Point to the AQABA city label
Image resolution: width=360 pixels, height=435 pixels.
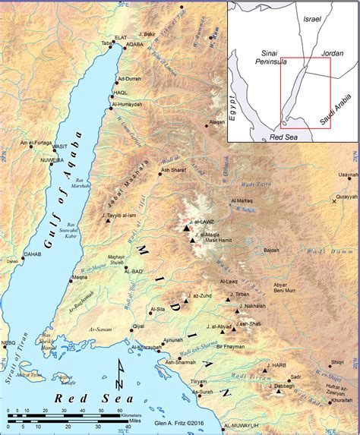point(134,45)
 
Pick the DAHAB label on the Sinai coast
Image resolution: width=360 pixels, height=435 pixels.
point(33,254)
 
